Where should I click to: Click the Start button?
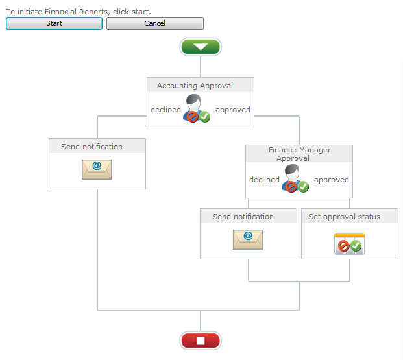(54, 23)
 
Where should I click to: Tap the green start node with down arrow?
(201, 47)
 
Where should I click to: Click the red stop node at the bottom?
(201, 341)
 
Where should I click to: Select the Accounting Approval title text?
(195, 86)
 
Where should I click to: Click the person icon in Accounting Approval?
(195, 108)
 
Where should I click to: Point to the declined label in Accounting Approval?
(165, 110)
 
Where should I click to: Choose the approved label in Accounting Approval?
(233, 110)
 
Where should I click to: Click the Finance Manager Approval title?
(299, 154)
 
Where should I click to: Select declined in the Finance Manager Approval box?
(264, 180)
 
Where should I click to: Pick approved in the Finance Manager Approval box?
(332, 180)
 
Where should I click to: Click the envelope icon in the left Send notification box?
(97, 169)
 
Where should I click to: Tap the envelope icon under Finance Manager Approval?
(248, 239)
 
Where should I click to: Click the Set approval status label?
(344, 217)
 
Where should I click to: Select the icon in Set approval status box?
(349, 243)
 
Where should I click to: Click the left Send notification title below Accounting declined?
(92, 147)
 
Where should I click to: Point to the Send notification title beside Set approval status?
(243, 217)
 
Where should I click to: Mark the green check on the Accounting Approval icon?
(204, 117)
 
